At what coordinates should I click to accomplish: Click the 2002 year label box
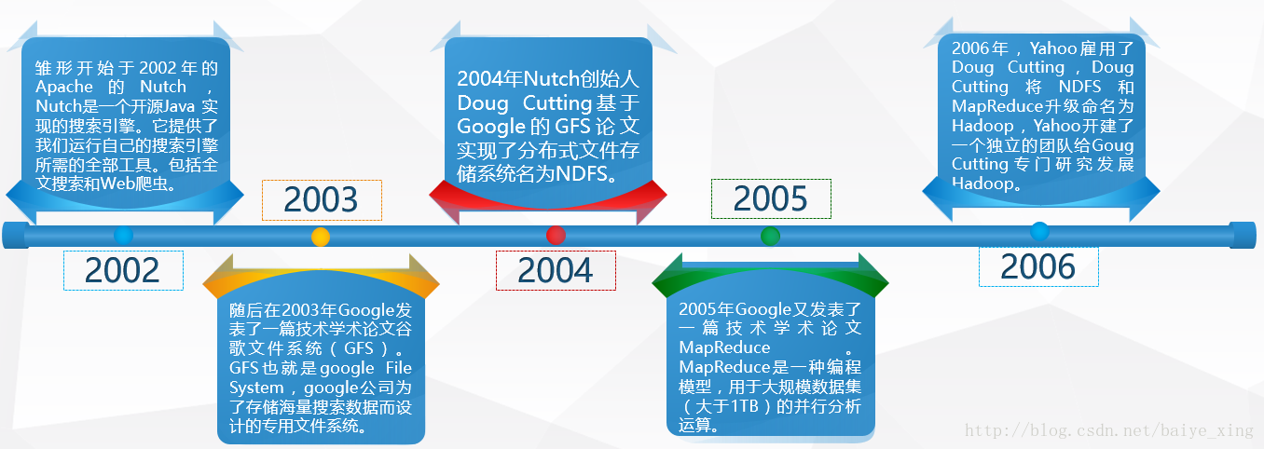pos(123,270)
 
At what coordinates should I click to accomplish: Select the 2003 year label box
pos(322,200)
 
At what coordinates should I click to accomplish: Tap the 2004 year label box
pos(556,270)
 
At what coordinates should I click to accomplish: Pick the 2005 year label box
pos(770,198)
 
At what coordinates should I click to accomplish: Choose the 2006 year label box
pos(1038,266)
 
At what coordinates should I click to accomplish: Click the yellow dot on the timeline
pos(321,237)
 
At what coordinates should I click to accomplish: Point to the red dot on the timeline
pos(556,235)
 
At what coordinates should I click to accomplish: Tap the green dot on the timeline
pos(770,236)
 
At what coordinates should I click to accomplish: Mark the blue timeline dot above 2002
pos(123,235)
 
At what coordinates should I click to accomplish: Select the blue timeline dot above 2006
pos(1039,231)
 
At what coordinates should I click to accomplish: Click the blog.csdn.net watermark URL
pos(1109,430)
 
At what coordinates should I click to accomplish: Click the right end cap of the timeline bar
pos(1243,235)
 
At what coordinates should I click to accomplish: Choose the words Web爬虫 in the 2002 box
pos(147,184)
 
